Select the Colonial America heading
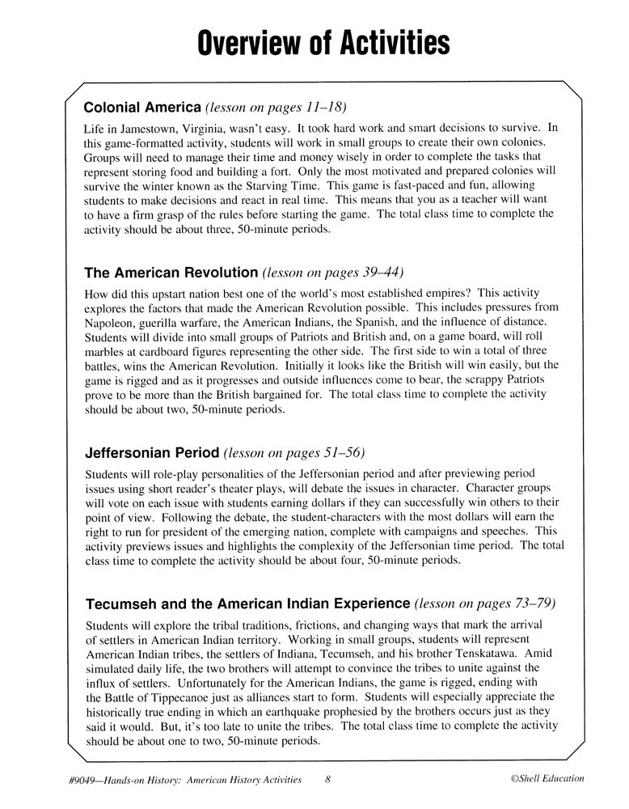tap(142, 107)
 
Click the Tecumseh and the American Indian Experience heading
tap(247, 604)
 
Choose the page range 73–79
tap(532, 604)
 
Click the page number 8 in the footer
tap(327, 780)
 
